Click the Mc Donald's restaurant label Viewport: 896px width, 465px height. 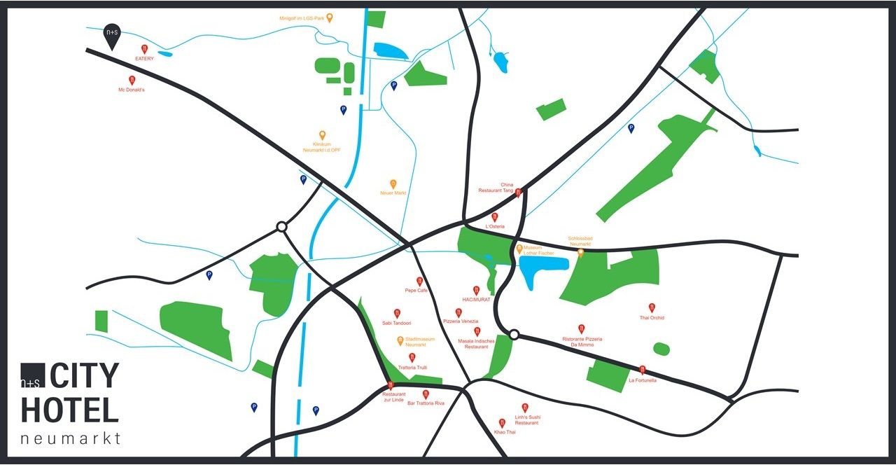(131, 90)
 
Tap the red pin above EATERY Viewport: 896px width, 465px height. (144, 49)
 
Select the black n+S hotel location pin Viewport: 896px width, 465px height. (111, 36)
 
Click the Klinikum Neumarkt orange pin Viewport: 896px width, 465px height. (323, 134)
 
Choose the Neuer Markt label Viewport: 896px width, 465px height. (393, 193)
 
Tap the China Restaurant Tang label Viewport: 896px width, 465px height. (496, 188)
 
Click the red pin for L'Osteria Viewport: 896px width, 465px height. (495, 217)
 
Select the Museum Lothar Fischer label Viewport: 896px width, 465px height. (538, 250)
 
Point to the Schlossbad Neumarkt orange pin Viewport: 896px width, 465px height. (580, 253)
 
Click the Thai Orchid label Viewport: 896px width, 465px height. (652, 318)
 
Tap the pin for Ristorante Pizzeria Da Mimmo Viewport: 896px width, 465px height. (582, 328)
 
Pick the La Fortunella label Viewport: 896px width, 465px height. (642, 380)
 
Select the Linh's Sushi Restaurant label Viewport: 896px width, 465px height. (526, 420)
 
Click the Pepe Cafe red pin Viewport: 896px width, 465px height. (420, 281)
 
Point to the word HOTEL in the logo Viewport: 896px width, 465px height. (70, 410)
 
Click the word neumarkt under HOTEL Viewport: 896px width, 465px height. (71, 439)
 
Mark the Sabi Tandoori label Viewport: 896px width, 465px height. (396, 324)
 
